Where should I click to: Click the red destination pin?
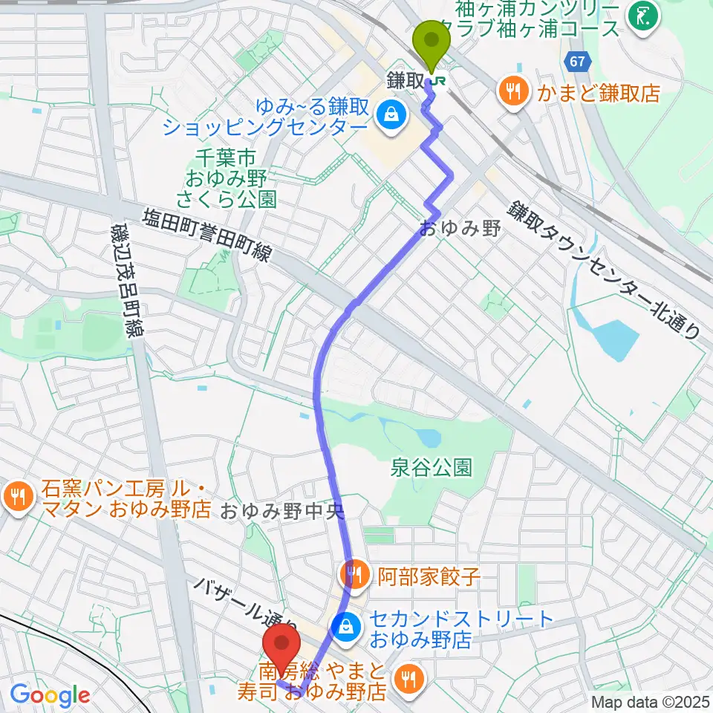coord(283,647)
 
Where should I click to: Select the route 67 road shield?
coord(580,62)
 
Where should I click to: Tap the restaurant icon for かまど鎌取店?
coord(512,92)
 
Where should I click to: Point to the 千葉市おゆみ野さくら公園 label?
coord(226,178)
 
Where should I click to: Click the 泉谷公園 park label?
coord(432,469)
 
